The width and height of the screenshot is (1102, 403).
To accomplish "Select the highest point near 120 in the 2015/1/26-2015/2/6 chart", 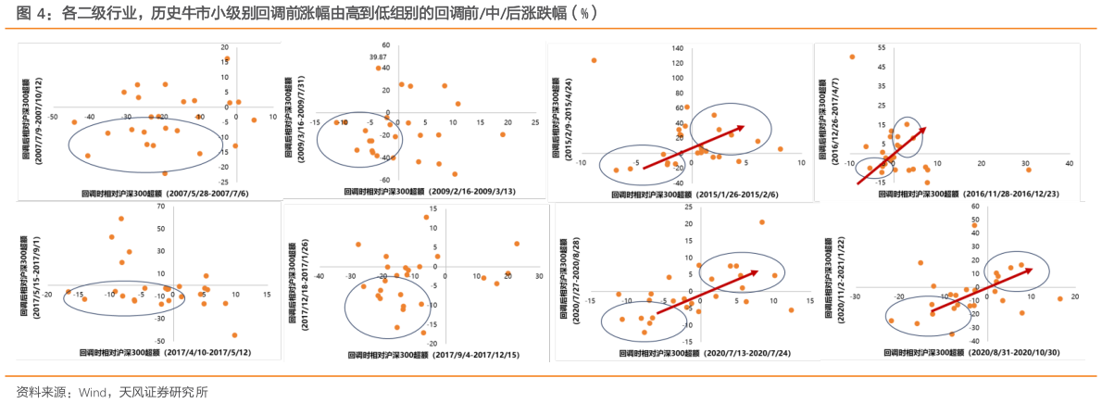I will [594, 61].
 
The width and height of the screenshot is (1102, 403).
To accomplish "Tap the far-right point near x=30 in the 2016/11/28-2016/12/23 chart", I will [1027, 169].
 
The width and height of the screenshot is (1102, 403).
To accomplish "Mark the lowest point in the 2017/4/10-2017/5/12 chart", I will [234, 335].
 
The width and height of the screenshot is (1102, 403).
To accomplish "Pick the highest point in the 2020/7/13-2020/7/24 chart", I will [761, 222].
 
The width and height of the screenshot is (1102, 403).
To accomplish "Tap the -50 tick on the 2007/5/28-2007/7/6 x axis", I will [52, 118].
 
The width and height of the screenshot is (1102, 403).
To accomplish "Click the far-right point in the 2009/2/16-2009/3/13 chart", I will [503, 135].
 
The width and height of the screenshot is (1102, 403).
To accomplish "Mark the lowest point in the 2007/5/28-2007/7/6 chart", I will [165, 173].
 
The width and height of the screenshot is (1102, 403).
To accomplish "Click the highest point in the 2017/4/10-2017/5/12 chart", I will [121, 219].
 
